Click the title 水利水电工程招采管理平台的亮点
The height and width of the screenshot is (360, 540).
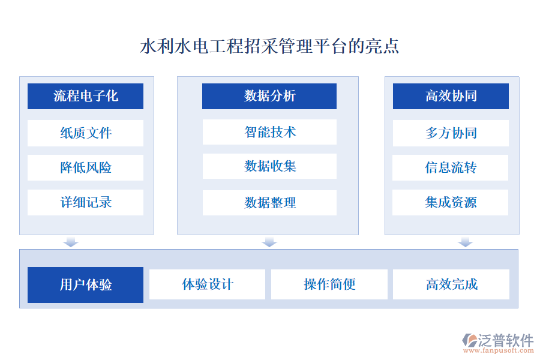[269, 47]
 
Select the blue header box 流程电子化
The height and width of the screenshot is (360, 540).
[85, 96]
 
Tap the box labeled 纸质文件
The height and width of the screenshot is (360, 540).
[85, 133]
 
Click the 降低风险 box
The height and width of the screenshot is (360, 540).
[85, 167]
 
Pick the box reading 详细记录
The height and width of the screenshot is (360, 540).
[85, 202]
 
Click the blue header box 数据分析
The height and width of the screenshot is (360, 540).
[269, 96]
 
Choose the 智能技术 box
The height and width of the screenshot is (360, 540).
[269, 132]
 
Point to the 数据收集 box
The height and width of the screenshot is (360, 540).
[269, 166]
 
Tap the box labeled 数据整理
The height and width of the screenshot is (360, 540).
[269, 203]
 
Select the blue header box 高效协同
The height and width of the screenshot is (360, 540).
[451, 96]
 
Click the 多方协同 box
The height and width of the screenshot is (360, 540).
[451, 133]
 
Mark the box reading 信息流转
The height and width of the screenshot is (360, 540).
[451, 167]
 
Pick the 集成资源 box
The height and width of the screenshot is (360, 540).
[451, 202]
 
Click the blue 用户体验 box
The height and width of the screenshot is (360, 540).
[85, 284]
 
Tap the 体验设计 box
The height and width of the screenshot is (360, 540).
[207, 284]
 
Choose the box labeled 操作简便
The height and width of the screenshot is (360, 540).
[329, 284]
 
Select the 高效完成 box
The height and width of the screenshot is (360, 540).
[451, 284]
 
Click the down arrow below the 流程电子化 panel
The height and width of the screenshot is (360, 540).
[71, 242]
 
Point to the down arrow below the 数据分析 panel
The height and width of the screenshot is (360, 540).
[269, 242]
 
